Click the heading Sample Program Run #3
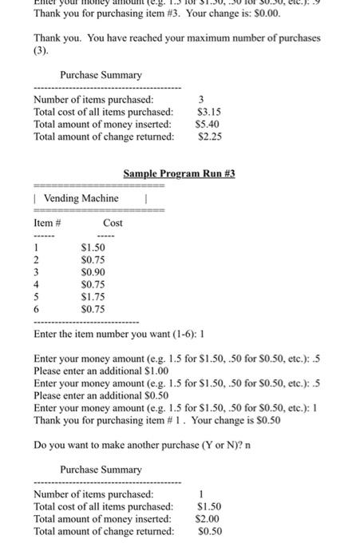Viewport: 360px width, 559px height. click(x=180, y=173)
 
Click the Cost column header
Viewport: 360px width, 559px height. click(x=113, y=224)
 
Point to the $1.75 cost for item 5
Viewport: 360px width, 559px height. click(x=93, y=295)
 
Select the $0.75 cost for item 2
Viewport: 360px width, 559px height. click(x=93, y=260)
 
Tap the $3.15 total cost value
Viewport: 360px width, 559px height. click(x=208, y=112)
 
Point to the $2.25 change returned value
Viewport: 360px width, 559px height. click(x=209, y=137)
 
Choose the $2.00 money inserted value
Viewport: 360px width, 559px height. click(x=208, y=519)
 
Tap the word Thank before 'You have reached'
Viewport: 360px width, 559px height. click(x=47, y=38)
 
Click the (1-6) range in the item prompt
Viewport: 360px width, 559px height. click(x=164, y=334)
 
